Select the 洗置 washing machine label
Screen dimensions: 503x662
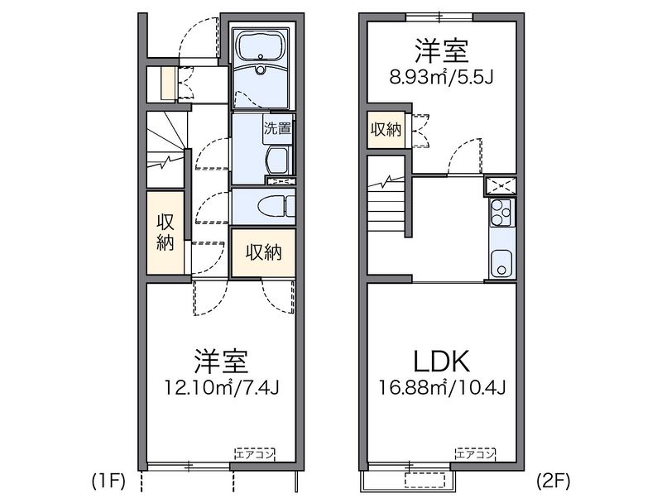[x=276, y=128]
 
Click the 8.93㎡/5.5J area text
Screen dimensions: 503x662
[x=442, y=79]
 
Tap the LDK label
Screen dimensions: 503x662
[x=443, y=361]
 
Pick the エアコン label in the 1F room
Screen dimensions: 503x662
[x=254, y=453]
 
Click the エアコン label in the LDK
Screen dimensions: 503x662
[x=474, y=453]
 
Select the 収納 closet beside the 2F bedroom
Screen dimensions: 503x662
[x=386, y=129]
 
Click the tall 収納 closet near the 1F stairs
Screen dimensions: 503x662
[x=165, y=232]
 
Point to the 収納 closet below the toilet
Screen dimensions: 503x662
[x=263, y=252]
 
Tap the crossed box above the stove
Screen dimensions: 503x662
[x=501, y=184]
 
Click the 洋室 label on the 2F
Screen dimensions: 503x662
[x=442, y=51]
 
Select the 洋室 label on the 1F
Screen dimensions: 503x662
[x=222, y=361]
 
